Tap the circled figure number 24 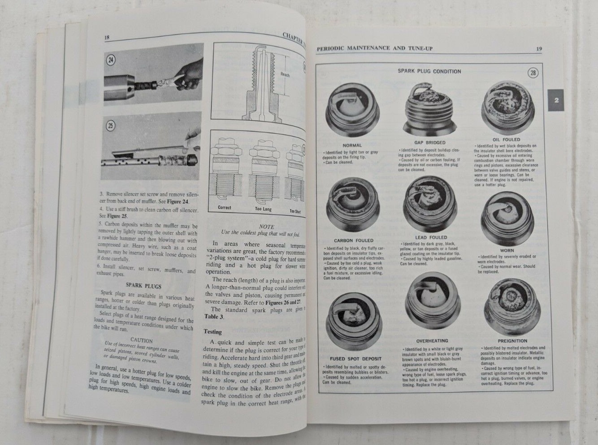[110, 60]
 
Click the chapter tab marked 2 [556, 101]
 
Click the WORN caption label [507, 250]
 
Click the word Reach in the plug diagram [286, 75]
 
